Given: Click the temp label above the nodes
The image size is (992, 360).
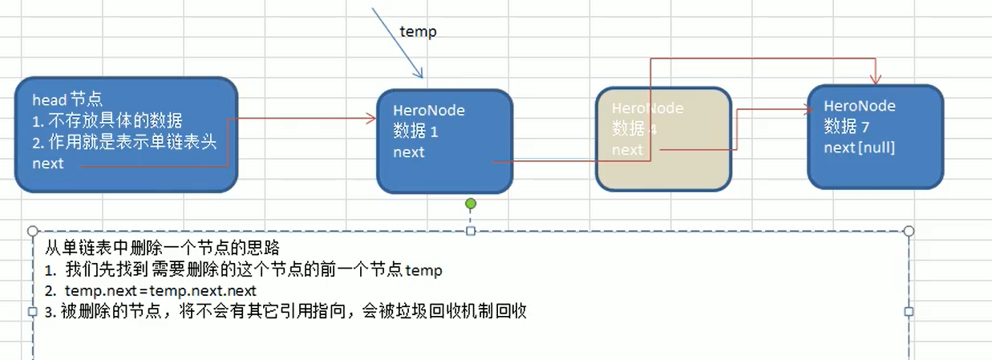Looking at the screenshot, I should pos(418,31).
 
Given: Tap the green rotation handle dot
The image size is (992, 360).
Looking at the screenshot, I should pos(471,204).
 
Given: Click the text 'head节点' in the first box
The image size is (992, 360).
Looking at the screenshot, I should pos(67,100).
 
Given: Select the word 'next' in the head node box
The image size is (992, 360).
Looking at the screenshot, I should pos(47,164).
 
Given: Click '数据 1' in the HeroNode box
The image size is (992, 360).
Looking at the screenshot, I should pos(415,131).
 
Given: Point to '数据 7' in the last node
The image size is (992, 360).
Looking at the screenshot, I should pos(847,127).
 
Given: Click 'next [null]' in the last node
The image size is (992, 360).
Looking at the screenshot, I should pos(859,148).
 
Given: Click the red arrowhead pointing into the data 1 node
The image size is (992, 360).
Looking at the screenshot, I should pos(371,118).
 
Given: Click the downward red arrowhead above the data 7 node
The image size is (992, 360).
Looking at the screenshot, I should pos(875,79).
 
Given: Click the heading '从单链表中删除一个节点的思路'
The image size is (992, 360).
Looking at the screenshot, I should pos(161,248).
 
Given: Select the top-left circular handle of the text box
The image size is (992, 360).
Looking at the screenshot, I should pos(33,231).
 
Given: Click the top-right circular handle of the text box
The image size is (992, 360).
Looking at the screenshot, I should pos(909,231).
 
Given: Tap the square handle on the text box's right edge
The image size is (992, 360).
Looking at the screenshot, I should pos(909,311).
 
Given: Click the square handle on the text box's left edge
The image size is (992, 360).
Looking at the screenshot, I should pos(33,311).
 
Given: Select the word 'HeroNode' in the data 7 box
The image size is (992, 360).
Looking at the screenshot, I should pos(860,106).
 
